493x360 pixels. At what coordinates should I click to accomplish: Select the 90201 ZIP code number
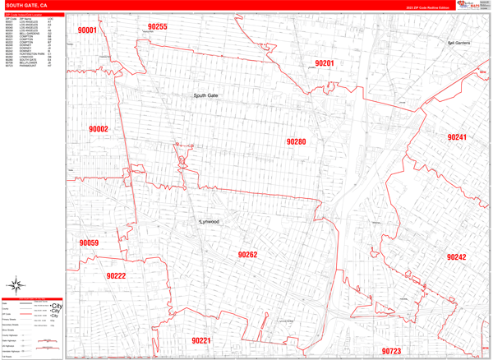(325, 63)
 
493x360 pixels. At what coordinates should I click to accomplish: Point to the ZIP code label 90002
(99, 129)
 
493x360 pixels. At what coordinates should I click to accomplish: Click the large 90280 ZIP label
(296, 142)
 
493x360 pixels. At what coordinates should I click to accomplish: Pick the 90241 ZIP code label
(457, 136)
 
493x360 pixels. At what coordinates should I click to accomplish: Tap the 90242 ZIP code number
(457, 257)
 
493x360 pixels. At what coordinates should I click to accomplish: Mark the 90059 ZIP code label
(89, 243)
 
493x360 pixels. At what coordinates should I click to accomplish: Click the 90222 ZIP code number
(116, 276)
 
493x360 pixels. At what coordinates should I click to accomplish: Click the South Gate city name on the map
(205, 96)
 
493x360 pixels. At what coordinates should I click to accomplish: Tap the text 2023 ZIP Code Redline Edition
(427, 7)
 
